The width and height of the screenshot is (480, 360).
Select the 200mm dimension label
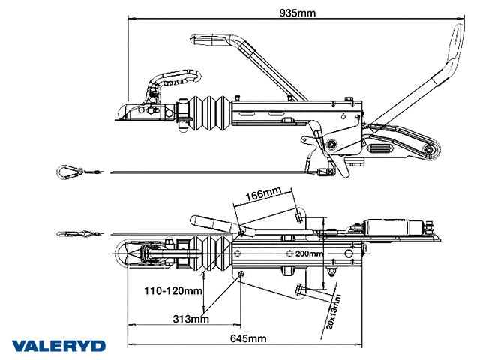309,253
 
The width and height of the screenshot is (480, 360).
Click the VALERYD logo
58,346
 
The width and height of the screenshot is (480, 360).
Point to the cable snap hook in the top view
75,233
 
